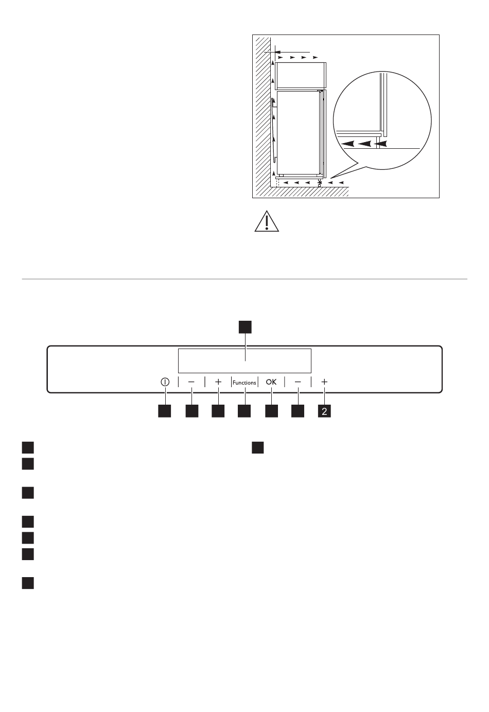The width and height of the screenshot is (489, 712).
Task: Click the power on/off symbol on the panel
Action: pyautogui.click(x=165, y=382)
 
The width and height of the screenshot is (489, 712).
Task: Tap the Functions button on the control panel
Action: pyautogui.click(x=244, y=383)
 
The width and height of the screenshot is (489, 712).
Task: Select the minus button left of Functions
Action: pyautogui.click(x=191, y=382)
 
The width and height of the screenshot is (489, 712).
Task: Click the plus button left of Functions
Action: pyautogui.click(x=218, y=382)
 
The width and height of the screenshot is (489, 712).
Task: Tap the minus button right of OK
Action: pyautogui.click(x=298, y=382)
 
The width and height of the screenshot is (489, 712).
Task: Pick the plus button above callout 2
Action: pyautogui.click(x=324, y=382)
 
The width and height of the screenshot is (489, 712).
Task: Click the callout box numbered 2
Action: pyautogui.click(x=324, y=411)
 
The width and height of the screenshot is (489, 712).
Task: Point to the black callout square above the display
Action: pyautogui.click(x=245, y=327)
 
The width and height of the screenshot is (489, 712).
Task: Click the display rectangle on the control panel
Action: pyautogui.click(x=244, y=360)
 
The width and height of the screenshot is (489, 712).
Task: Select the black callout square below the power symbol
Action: pyautogui.click(x=165, y=411)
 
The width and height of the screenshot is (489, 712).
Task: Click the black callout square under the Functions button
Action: pyautogui.click(x=244, y=411)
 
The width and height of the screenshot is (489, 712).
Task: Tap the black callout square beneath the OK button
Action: pyautogui.click(x=271, y=411)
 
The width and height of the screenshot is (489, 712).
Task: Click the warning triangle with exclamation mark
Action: pyautogui.click(x=267, y=221)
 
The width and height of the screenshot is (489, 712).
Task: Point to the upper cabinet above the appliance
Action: pyautogui.click(x=300, y=75)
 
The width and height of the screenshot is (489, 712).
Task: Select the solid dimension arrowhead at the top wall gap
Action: pyautogui.click(x=276, y=52)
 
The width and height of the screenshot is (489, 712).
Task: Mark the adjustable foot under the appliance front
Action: pyautogui.click(x=320, y=184)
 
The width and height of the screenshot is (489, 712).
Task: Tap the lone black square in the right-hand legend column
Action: pyautogui.click(x=257, y=447)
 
